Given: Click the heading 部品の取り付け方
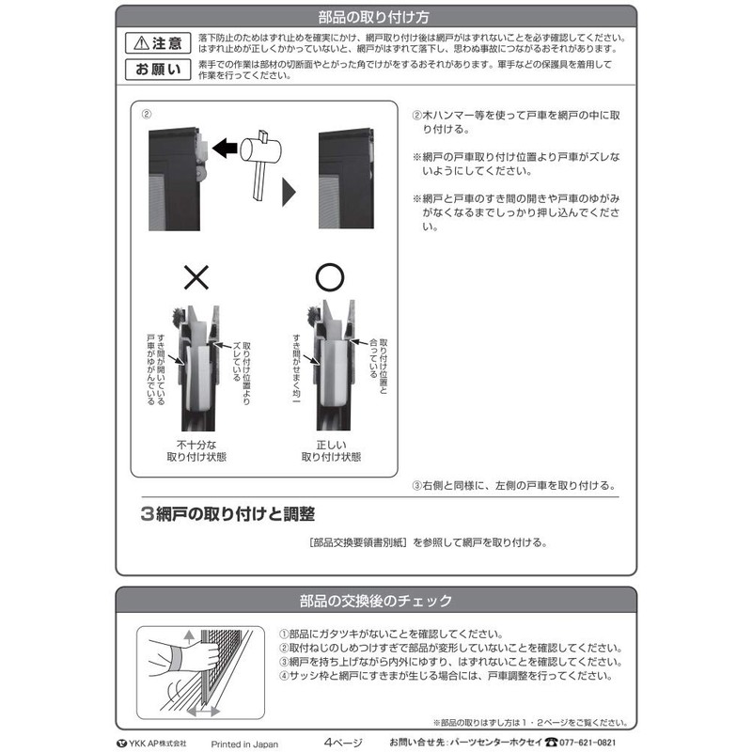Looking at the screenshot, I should [x=376, y=16].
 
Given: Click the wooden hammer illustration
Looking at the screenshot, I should [x=260, y=153].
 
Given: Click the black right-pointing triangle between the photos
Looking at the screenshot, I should [x=290, y=191].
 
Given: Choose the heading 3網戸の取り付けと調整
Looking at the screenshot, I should [x=227, y=514].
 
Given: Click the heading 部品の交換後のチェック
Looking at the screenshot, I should [x=376, y=601].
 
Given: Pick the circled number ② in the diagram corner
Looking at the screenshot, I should [x=146, y=114].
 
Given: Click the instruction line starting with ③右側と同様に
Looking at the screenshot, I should [x=514, y=486].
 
